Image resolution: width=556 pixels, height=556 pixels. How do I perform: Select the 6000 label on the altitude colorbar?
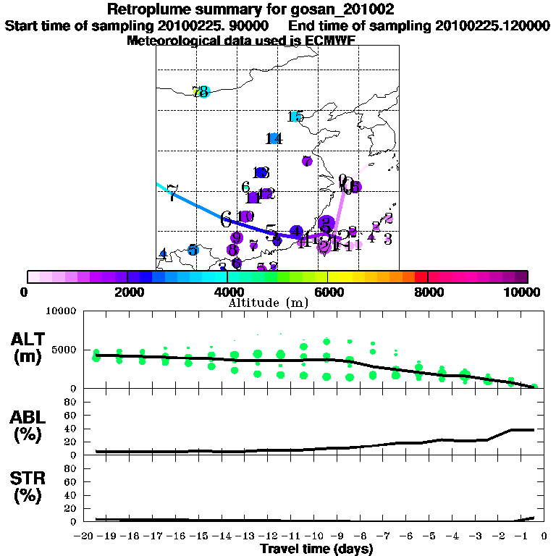coord(327,292)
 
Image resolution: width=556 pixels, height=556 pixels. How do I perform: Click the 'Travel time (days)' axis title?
coord(316,549)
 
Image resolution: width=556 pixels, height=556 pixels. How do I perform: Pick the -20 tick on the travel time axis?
coord(86,536)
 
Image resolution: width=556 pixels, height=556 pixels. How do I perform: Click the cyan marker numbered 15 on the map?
coord(295,117)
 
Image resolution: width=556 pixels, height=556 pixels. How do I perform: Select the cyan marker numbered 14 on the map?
coord(274,138)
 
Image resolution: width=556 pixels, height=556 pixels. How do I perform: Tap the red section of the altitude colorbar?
coord(421,277)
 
